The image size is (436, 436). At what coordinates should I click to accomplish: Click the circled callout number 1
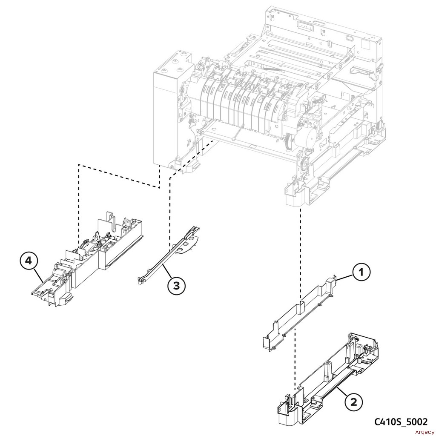361,272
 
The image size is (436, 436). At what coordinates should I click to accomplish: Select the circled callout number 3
176,286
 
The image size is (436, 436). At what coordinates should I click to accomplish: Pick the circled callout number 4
29,261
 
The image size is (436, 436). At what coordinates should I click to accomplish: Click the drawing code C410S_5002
401,422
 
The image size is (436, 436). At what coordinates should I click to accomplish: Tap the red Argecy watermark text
425,432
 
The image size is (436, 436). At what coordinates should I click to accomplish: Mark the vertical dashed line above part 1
300,255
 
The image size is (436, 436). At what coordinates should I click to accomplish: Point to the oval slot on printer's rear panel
348,37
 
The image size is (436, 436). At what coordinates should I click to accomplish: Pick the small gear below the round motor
305,164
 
